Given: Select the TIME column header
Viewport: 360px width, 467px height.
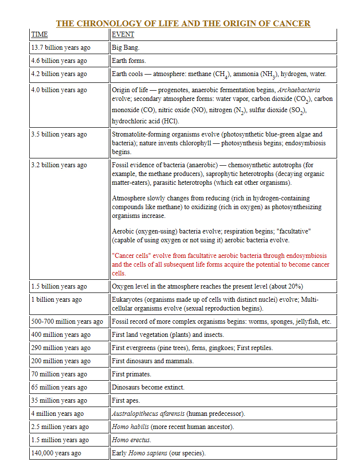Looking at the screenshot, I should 40,35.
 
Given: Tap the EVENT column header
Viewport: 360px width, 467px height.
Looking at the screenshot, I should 123,35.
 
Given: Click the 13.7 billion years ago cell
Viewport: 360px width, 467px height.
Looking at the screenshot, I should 61,48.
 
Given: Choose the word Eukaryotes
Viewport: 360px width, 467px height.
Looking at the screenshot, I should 128,299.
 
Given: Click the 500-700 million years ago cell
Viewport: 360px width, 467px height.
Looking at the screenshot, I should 67,322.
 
